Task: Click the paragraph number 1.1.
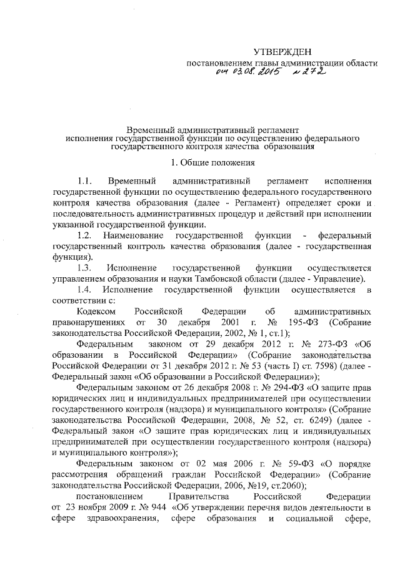(x=84, y=180)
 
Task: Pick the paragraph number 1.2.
(x=84, y=235)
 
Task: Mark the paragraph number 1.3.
(x=84, y=267)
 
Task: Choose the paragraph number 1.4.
(x=84, y=290)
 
